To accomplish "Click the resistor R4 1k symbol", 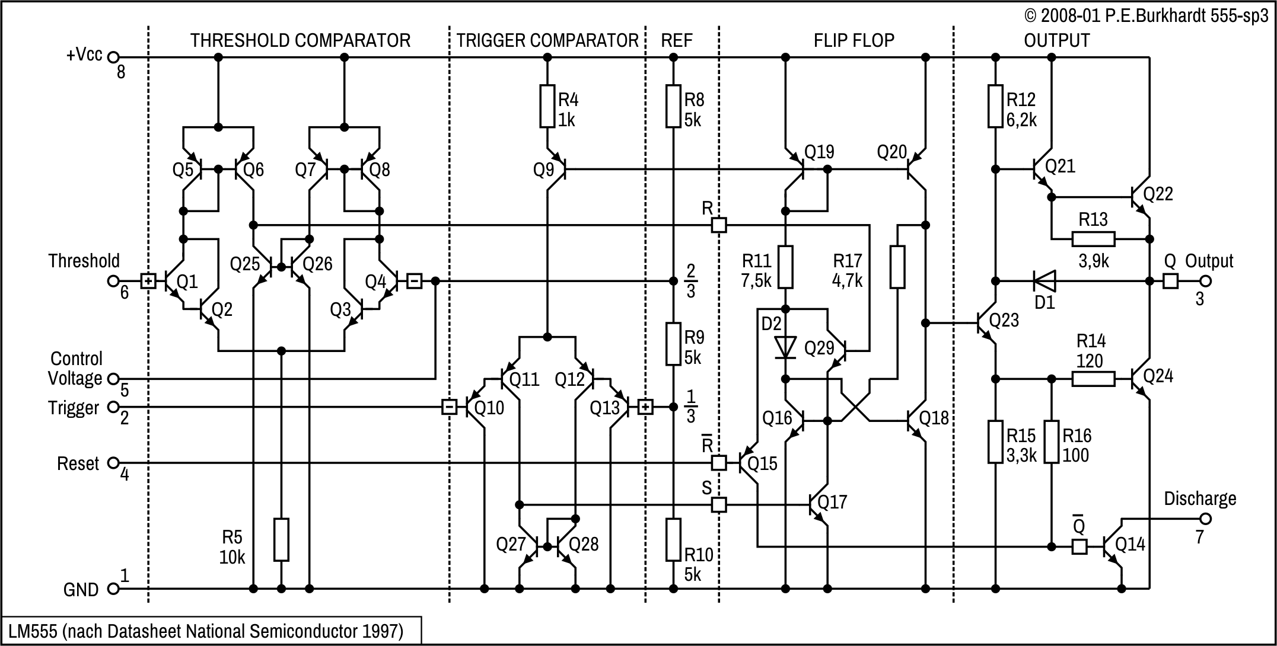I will [x=547, y=107].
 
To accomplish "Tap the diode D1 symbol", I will [x=1044, y=280].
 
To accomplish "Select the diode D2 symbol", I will [x=786, y=347].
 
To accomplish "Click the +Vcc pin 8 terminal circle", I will [x=113, y=57].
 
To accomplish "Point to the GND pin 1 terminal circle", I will [x=113, y=589].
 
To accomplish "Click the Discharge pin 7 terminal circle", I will [x=1205, y=519].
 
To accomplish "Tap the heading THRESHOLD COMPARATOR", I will [x=300, y=40].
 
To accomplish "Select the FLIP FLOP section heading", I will [x=854, y=40].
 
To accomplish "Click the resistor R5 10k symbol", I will [x=282, y=539].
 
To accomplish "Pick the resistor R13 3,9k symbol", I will [x=1093, y=239].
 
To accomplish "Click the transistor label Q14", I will [x=1130, y=544].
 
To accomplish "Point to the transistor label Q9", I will [x=543, y=170].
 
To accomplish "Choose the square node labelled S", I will [x=719, y=505].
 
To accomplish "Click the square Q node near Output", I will [x=1170, y=280].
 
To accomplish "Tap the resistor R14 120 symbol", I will [x=1093, y=379].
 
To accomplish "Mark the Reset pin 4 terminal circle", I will [x=113, y=463].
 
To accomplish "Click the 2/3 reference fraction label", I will [x=690, y=280].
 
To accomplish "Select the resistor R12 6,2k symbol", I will [x=996, y=107].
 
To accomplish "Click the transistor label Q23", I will [x=1004, y=320].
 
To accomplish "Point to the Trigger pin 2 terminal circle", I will [x=113, y=407].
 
